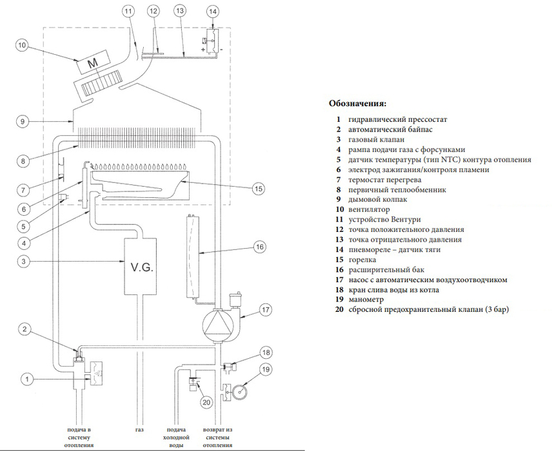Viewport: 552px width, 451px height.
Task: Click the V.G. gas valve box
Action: [141, 266]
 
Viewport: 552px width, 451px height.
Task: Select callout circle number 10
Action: [23, 46]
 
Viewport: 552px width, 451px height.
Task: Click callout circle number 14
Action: [213, 11]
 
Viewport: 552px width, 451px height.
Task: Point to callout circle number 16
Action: [259, 246]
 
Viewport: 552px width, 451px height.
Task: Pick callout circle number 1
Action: [26, 379]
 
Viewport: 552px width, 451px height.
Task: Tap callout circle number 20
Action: [206, 403]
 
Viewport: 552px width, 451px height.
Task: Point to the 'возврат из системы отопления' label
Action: [219, 436]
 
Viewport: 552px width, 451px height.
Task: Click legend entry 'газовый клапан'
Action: [376, 139]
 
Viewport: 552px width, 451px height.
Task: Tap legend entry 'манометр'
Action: [366, 300]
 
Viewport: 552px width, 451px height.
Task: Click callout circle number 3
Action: [23, 262]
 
